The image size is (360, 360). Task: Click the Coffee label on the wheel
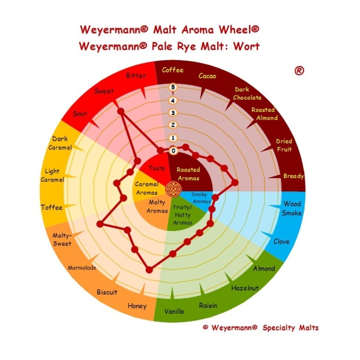(x=173, y=70)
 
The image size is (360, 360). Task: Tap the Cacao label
(x=208, y=76)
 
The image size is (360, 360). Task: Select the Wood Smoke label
(x=292, y=208)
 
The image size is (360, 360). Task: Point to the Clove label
(x=281, y=241)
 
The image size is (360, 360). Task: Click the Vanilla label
(x=174, y=311)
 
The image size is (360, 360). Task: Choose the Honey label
(x=137, y=306)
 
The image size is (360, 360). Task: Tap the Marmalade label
(x=82, y=268)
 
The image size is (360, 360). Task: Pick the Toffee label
(x=52, y=208)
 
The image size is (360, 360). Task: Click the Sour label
(x=80, y=113)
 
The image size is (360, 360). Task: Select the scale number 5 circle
(x=173, y=87)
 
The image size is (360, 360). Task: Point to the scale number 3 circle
(x=173, y=113)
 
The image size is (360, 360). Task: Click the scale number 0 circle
(x=173, y=151)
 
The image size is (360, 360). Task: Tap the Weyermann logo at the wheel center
(x=173, y=189)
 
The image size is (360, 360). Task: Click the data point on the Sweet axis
(x=121, y=112)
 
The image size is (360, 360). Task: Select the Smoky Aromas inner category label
(x=200, y=197)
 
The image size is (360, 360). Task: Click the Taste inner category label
(x=157, y=168)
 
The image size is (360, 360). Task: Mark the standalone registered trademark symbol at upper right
(x=299, y=71)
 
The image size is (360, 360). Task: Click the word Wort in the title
(x=247, y=46)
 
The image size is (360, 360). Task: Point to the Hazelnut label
(x=245, y=288)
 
